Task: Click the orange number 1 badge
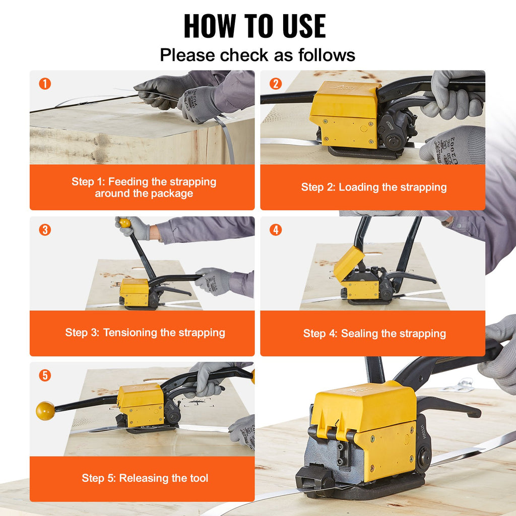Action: pos(45,84)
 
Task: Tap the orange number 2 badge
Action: pos(276,84)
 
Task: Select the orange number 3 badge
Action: pos(45,230)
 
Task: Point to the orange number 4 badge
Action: pos(276,230)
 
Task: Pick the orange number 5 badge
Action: pos(45,375)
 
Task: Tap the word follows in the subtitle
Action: pos(327,55)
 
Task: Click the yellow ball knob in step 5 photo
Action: pos(45,411)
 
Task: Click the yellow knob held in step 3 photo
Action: pos(125,223)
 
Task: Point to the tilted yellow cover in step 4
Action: pos(349,264)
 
